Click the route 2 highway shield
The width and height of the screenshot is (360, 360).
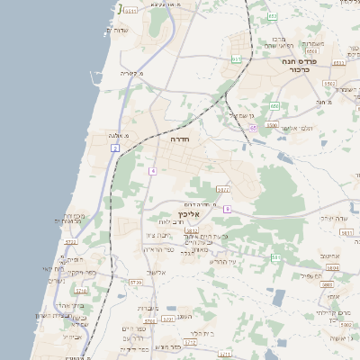point(115,148)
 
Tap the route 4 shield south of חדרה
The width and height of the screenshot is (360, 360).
point(154,170)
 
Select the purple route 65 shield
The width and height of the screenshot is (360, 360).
point(254,128)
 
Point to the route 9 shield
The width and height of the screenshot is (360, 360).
point(227,209)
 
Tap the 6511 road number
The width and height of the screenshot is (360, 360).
point(131,11)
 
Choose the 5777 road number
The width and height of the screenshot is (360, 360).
point(223,190)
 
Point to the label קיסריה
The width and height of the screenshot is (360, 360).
point(133,73)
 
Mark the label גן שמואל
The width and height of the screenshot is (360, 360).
point(244,115)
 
